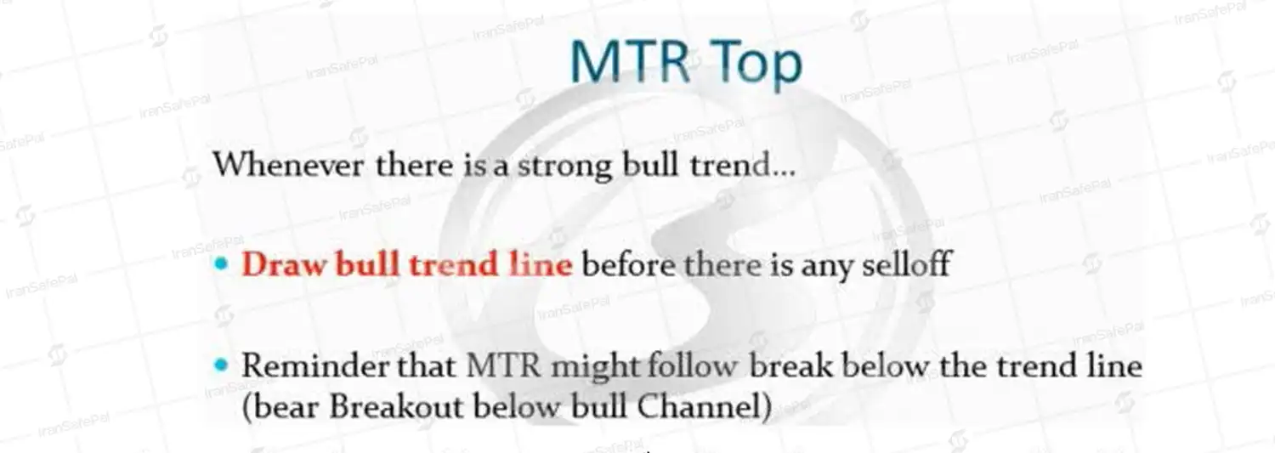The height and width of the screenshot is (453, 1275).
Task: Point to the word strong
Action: pos(564,167)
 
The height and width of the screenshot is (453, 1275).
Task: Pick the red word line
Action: pos(540,264)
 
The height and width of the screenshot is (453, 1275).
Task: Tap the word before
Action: pos(628,264)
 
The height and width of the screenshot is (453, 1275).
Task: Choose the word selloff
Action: pos(906,264)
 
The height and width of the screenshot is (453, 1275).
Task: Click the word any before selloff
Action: pos(826,268)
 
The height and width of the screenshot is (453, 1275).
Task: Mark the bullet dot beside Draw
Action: pos(221,264)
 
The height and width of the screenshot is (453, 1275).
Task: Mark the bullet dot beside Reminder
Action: pos(221,365)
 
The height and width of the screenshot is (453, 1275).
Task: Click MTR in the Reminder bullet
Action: pos(503,366)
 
